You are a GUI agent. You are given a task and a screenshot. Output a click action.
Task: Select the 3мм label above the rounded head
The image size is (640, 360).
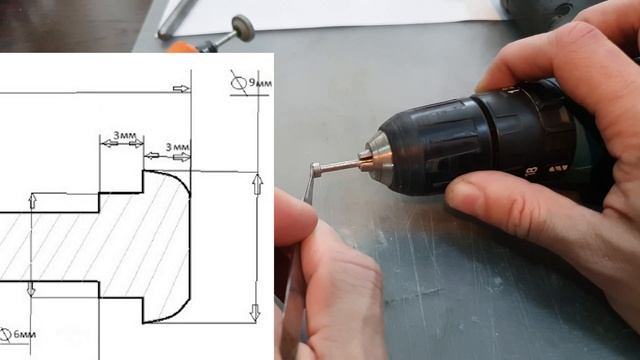point(178,147)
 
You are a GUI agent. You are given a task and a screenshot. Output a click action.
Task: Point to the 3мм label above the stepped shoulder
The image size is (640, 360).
point(124,135)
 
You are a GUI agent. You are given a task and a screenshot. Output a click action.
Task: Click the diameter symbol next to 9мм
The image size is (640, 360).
point(239,83)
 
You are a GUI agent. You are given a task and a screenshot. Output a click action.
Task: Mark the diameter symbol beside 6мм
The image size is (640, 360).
point(5,335)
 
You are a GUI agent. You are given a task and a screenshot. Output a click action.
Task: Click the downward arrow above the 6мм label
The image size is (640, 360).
point(31,288)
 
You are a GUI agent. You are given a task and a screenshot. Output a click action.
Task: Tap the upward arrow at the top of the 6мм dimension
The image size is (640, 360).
point(33,201)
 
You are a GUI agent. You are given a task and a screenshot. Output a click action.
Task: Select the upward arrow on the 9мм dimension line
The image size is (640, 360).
point(257,184)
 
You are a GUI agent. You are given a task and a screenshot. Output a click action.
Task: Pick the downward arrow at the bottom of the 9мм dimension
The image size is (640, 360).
point(255,312)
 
